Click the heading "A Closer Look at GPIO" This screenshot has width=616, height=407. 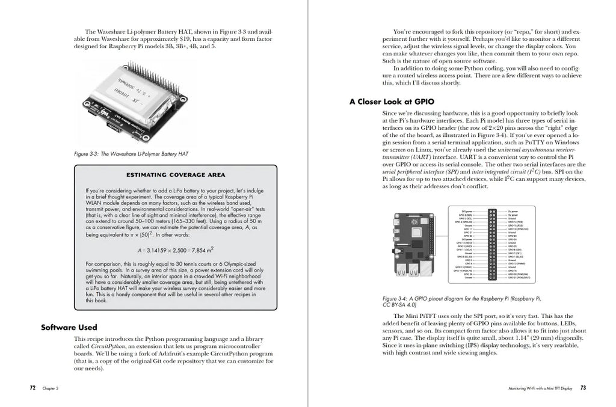(392, 102)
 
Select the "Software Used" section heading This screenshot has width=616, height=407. (69, 328)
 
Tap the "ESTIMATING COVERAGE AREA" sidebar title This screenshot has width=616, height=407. (176, 175)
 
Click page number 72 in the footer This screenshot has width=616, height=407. (33, 388)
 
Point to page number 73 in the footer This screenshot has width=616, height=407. (583, 388)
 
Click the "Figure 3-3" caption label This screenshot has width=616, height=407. (86, 154)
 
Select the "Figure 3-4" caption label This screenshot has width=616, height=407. (395, 298)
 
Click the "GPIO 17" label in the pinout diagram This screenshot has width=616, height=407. (467, 228)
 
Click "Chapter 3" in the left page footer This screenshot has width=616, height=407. (50, 389)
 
